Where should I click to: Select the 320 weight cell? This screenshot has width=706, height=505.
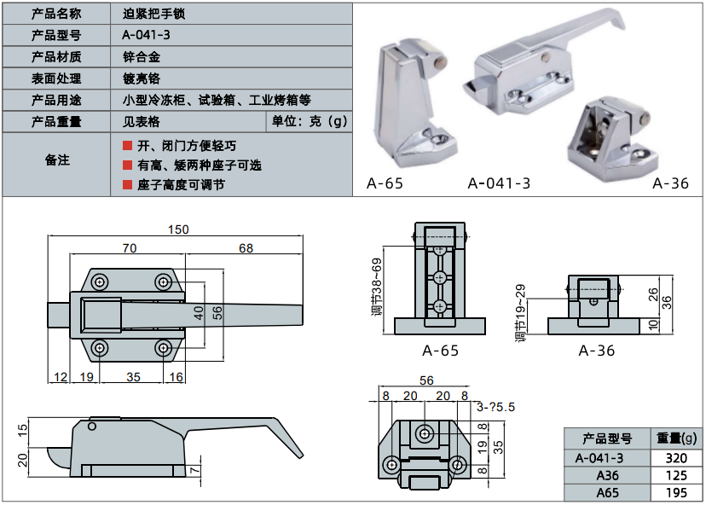click(675, 457)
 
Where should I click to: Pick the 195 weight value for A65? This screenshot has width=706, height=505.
click(675, 493)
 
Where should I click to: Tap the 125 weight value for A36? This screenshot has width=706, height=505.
click(675, 475)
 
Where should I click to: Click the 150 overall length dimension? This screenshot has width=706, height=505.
click(178, 229)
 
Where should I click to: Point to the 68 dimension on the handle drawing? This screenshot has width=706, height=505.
click(246, 249)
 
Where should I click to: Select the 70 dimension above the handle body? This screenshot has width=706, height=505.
click(130, 249)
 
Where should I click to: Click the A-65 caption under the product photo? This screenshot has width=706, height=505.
click(385, 183)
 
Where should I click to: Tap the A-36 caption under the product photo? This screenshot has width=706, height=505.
click(670, 183)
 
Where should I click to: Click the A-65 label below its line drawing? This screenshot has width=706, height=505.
click(440, 351)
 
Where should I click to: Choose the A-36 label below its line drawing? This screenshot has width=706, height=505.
click(597, 351)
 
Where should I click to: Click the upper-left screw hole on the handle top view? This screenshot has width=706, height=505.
click(101, 282)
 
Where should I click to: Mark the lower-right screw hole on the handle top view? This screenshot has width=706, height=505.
click(163, 347)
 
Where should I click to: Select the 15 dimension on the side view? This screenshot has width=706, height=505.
click(23, 428)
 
